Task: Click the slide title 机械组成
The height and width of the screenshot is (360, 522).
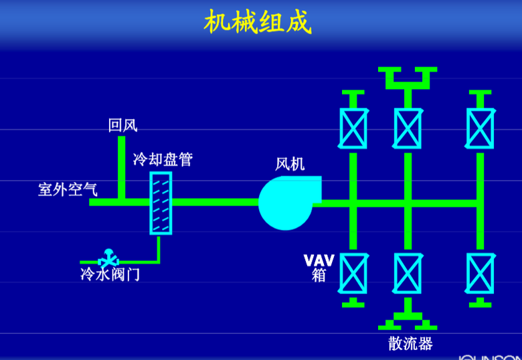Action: click(258, 23)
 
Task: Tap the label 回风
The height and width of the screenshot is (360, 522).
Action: click(122, 125)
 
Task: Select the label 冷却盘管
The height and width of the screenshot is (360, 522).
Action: click(163, 159)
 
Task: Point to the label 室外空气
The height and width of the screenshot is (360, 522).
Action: click(68, 189)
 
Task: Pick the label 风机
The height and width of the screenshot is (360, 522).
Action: click(290, 164)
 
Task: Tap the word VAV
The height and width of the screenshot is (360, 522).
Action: click(319, 260)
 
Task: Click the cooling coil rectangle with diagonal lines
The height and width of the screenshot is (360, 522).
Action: click(161, 203)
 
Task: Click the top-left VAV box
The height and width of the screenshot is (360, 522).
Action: click(353, 128)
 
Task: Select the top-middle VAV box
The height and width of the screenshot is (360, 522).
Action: click(407, 128)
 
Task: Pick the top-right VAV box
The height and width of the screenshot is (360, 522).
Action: click(480, 128)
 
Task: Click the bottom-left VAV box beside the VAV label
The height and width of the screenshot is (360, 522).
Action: click(353, 272)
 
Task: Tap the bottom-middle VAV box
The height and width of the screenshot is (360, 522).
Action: click(407, 272)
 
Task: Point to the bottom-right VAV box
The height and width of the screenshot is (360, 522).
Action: click(480, 272)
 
